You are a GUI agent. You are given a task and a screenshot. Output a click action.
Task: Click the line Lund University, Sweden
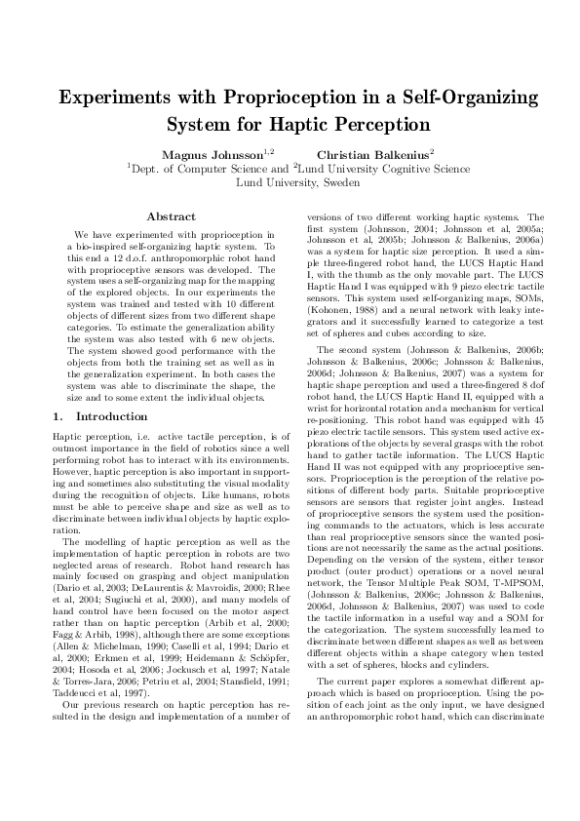pyautogui.click(x=290, y=181)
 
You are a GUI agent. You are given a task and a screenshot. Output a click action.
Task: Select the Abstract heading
pyautogui.click(x=171, y=216)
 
